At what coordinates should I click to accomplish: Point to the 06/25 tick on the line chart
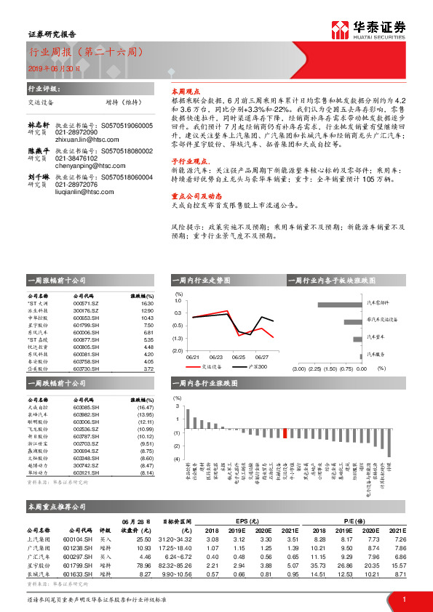coord(237,358)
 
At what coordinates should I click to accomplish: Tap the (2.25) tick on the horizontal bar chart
coord(314,369)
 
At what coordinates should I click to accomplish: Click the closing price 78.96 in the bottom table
coord(149,564)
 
